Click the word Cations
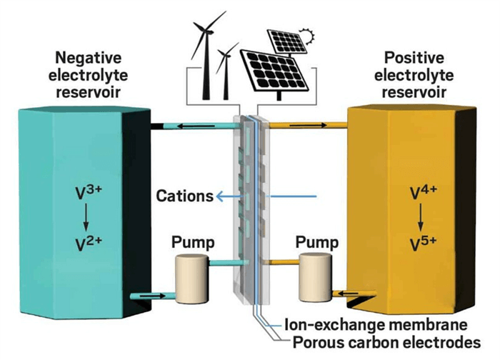184,196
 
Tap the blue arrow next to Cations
229,196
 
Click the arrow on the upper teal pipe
188,125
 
